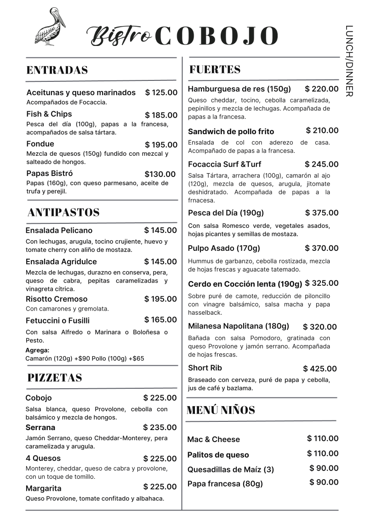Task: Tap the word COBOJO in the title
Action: click(217, 36)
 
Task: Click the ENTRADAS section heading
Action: click(57, 70)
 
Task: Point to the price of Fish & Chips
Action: click(161, 115)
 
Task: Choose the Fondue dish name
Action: click(40, 144)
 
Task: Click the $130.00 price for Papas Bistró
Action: click(160, 174)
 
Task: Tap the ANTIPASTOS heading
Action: click(63, 212)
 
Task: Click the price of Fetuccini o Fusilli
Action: click(160, 320)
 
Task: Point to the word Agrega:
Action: click(37, 350)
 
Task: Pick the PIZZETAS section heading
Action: click(55, 378)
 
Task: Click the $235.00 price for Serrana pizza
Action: click(160, 428)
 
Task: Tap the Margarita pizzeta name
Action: click(43, 488)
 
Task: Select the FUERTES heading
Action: click(215, 69)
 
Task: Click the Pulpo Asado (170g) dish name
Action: click(224, 249)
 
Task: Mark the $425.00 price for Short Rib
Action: click(320, 369)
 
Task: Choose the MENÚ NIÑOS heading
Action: click(221, 410)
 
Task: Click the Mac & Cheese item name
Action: click(213, 439)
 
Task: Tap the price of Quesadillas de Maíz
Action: click(324, 468)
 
